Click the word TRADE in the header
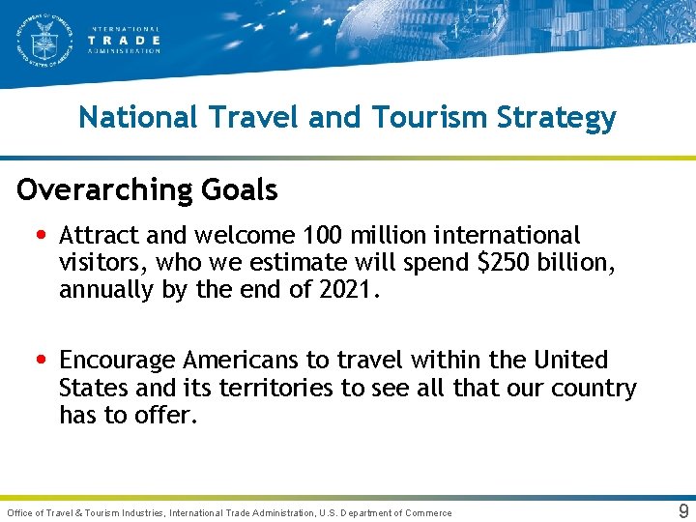pyautogui.click(x=125, y=41)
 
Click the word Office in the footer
pyautogui.click(x=21, y=512)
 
